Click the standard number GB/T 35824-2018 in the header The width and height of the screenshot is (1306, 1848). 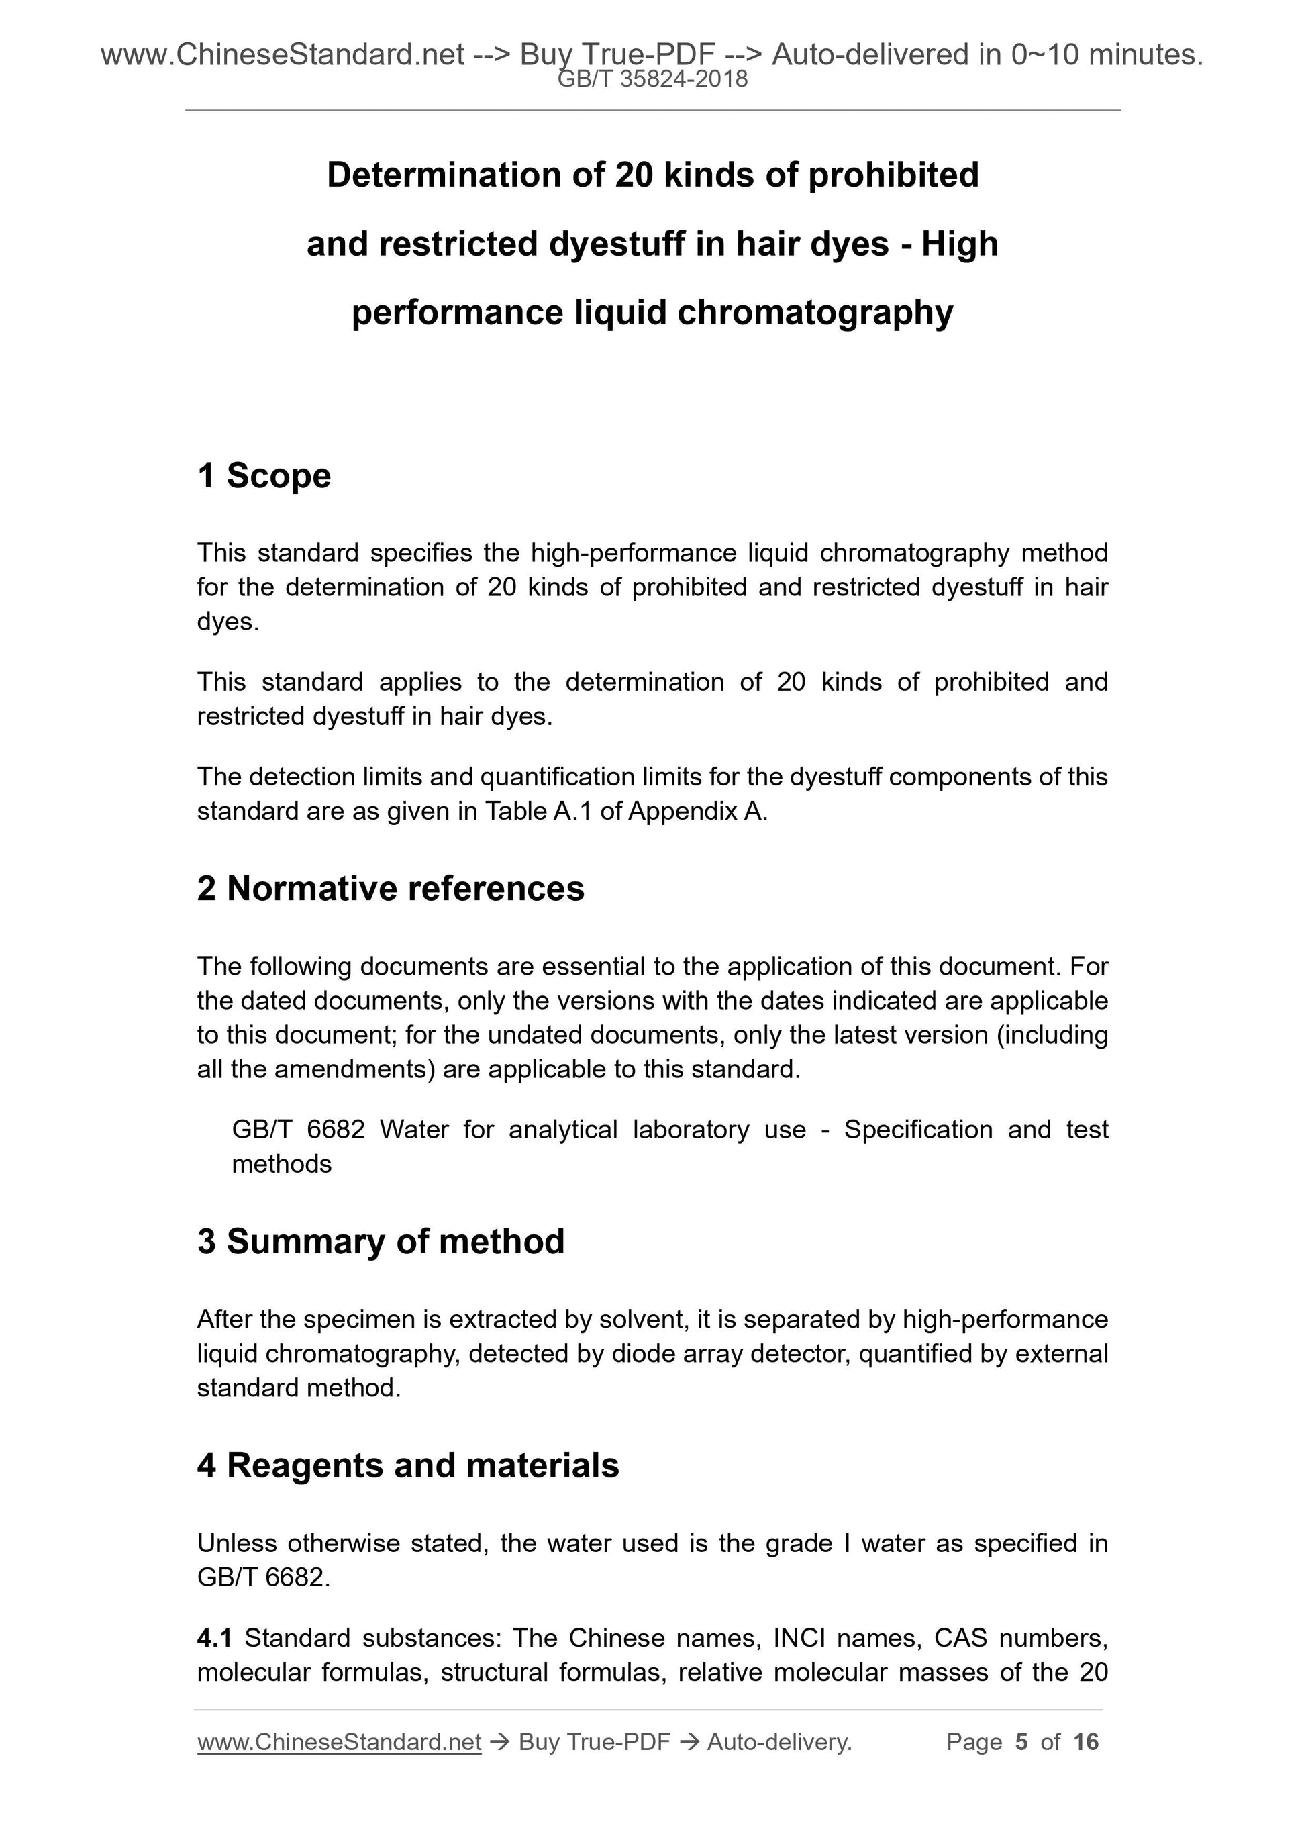point(652,79)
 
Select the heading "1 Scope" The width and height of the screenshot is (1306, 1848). point(264,476)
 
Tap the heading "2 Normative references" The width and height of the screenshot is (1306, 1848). point(391,889)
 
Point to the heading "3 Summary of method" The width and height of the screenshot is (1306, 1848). point(381,1241)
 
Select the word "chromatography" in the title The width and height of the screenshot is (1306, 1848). point(815,312)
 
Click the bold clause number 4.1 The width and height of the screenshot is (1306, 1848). point(214,1637)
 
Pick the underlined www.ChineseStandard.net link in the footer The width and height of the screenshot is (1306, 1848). point(339,1742)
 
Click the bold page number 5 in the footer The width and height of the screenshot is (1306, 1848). point(1021,1742)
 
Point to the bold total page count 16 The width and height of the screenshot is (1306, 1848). point(1085,1742)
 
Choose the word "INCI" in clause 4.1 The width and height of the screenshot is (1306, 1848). point(800,1637)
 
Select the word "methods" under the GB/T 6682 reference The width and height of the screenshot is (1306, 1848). point(282,1164)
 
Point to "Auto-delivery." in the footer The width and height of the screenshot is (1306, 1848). point(779,1742)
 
